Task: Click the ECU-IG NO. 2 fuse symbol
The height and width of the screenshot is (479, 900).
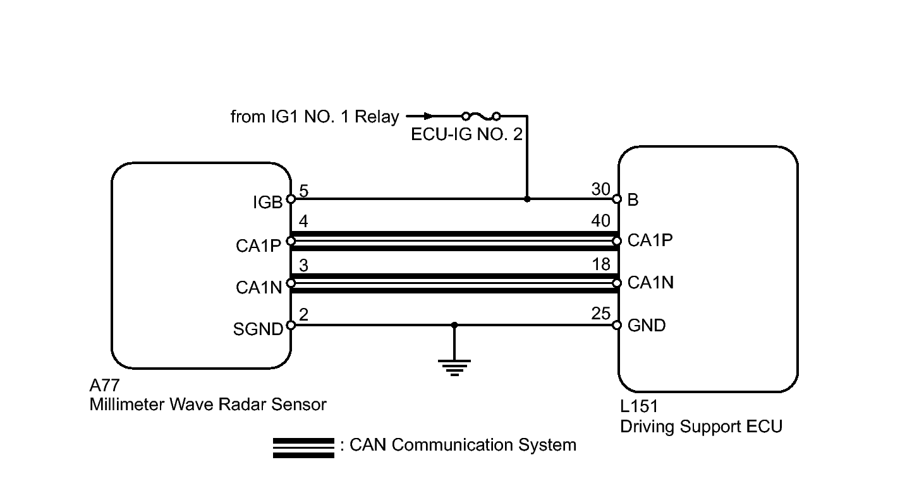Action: (x=481, y=116)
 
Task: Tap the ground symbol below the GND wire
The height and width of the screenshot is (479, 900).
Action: (x=454, y=366)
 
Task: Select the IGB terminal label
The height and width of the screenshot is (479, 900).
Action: (x=268, y=203)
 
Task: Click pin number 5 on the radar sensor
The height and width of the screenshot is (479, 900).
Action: (x=304, y=189)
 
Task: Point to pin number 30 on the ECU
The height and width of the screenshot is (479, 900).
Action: (x=600, y=189)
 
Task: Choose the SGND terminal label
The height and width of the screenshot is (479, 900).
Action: (x=258, y=329)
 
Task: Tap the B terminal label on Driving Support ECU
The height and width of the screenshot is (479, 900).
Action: (x=633, y=200)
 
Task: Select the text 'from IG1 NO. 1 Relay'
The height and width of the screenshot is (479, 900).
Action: (x=315, y=117)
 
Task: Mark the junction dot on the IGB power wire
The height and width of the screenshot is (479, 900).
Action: (x=527, y=199)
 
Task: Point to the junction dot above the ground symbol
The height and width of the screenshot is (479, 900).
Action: (x=454, y=325)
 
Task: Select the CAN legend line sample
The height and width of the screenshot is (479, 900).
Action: (x=303, y=447)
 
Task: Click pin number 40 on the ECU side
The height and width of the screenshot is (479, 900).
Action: (x=601, y=221)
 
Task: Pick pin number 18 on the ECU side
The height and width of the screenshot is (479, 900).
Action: (x=601, y=264)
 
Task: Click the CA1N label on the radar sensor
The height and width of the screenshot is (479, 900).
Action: (x=258, y=288)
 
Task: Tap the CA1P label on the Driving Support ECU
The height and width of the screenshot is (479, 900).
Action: (x=650, y=240)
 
